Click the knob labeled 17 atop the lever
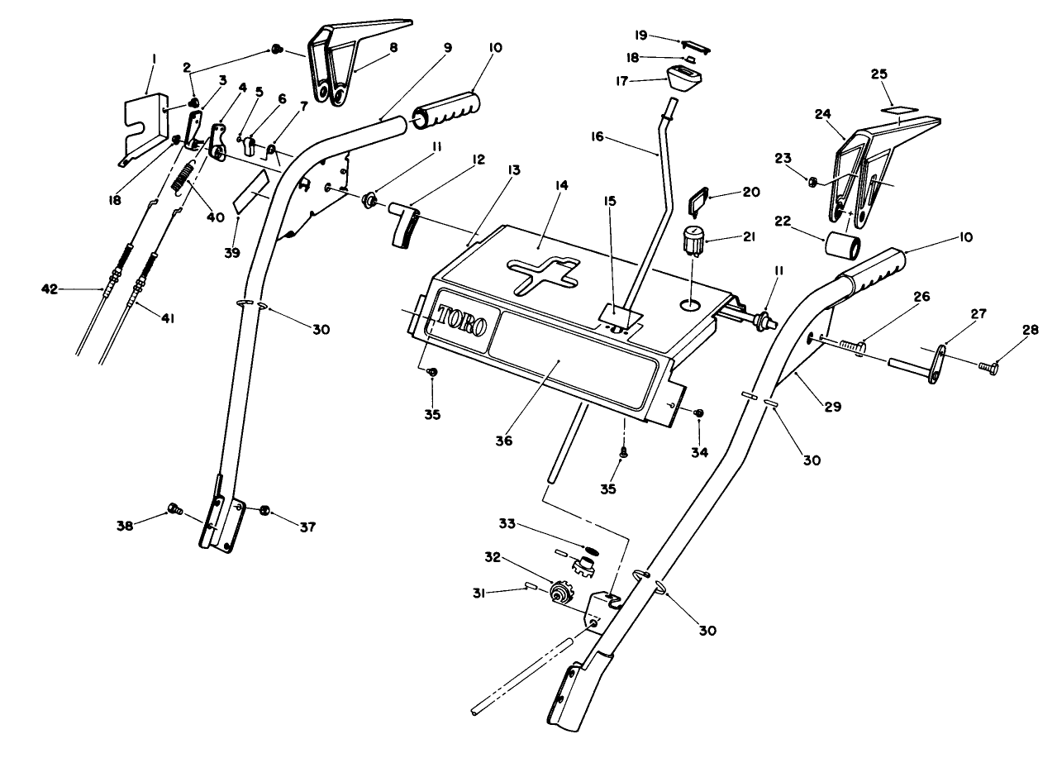(x=683, y=79)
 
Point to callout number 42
(x=50, y=288)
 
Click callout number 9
(x=448, y=48)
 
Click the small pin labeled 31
(x=531, y=588)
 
